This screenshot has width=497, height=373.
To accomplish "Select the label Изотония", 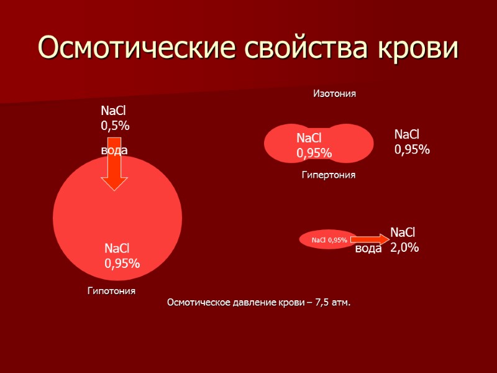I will coord(334,93).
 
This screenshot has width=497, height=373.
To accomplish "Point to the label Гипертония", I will coord(329,175).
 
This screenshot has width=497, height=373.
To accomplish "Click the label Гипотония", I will coord(111,291).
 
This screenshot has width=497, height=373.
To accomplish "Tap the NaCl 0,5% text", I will coord(115,118).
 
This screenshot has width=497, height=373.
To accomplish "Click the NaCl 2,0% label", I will coord(404,240).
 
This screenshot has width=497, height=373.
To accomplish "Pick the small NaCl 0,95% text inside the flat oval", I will coord(329,240).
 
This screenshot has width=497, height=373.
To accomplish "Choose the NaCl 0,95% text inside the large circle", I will coord(122,256).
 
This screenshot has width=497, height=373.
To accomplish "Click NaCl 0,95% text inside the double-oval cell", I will coord(314,145).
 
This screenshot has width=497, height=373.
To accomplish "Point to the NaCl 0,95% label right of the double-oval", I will coord(412,142).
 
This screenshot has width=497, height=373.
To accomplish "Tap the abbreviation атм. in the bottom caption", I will coord(340,303).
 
